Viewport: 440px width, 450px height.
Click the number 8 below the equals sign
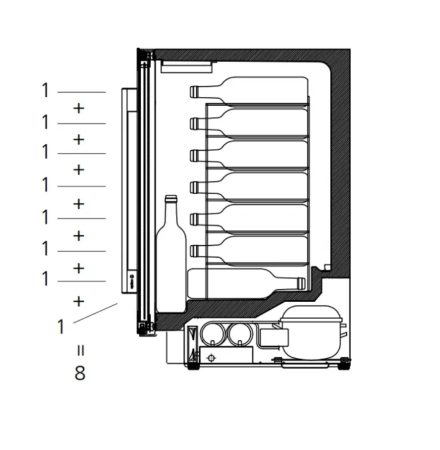click(x=80, y=373)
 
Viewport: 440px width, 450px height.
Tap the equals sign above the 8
click(x=80, y=350)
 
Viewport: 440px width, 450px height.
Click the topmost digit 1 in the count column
click(x=45, y=90)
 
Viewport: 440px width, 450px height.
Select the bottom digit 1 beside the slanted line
click(x=60, y=327)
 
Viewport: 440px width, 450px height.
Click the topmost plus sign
click(x=79, y=109)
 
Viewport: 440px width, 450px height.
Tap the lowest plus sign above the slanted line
click(x=79, y=302)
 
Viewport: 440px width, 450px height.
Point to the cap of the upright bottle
click(x=171, y=199)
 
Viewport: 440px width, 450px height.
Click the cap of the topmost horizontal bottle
click(x=194, y=92)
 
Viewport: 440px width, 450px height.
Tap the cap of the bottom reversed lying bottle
click(x=301, y=283)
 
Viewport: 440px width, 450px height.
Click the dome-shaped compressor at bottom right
click(x=312, y=332)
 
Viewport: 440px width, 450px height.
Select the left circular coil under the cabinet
click(x=213, y=334)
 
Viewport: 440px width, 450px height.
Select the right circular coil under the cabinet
click(x=240, y=334)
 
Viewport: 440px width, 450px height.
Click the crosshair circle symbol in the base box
click(x=212, y=358)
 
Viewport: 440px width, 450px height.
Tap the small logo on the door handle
click(x=133, y=278)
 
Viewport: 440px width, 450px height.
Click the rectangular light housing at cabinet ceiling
click(x=187, y=66)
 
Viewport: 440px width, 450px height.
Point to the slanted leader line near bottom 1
click(x=95, y=313)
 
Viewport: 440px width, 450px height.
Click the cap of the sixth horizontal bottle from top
click(x=194, y=251)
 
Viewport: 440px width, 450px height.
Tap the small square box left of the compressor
click(x=274, y=338)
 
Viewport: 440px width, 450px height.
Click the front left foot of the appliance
click(x=193, y=367)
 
